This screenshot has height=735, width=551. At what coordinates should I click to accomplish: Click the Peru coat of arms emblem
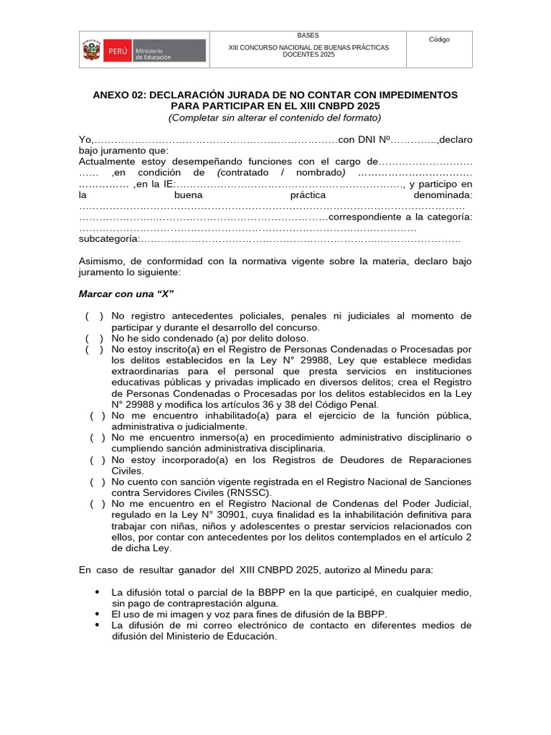tap(92, 50)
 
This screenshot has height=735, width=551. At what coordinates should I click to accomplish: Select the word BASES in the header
tap(309, 35)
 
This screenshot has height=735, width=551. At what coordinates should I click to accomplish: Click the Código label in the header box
tap(439, 39)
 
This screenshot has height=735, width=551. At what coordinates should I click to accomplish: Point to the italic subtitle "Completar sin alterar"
tap(215, 117)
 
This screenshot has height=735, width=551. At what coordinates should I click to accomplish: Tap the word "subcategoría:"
tap(108, 239)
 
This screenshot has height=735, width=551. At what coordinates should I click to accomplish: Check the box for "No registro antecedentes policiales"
tap(94, 316)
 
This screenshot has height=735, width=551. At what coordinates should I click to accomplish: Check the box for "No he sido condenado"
tap(94, 338)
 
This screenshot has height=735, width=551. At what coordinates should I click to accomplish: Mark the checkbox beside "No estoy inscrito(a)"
tap(94, 349)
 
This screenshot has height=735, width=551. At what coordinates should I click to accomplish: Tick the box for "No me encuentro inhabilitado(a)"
tap(98, 416)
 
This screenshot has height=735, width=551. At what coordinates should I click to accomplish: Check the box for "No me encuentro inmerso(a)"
tap(98, 438)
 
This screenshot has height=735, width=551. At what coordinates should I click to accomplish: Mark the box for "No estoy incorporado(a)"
tap(98, 460)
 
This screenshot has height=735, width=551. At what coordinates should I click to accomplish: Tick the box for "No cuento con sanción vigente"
tap(98, 482)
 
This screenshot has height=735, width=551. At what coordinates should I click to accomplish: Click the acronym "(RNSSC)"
tap(248, 493)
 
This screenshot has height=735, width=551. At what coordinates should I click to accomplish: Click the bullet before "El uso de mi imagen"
tap(97, 614)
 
